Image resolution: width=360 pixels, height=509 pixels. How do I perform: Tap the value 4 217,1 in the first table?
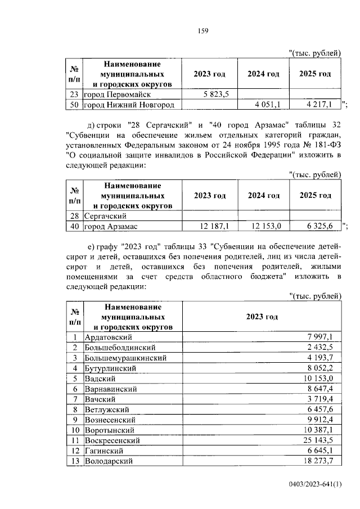tap(321, 104)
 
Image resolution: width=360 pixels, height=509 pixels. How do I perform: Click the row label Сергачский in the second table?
tap(104, 216)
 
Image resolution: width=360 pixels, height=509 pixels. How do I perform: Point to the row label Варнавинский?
tap(113, 389)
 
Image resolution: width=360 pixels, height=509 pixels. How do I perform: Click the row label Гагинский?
tap(107, 451)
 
